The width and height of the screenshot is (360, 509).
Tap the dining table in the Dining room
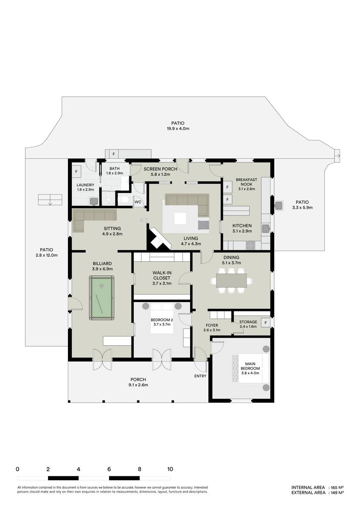click(231, 280)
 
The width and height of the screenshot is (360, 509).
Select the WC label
click(138, 202)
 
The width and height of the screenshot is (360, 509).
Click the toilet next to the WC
click(124, 200)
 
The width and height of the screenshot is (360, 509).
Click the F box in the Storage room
click(265, 323)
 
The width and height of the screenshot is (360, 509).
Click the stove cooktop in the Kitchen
click(250, 246)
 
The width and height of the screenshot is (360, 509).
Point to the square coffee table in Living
click(180, 218)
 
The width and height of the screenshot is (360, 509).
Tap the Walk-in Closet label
click(162, 275)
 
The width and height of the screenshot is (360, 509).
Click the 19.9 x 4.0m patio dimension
click(178, 129)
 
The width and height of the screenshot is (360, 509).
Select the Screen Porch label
click(160, 169)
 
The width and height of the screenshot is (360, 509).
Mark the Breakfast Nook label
click(247, 182)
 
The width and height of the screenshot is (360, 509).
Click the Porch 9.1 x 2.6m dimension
click(138, 385)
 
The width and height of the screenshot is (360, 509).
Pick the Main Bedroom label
click(250, 366)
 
